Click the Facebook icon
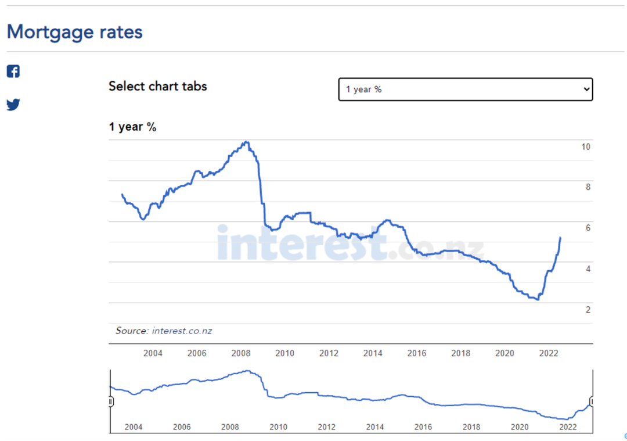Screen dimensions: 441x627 tap(13, 71)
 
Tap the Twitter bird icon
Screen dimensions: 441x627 tap(13, 105)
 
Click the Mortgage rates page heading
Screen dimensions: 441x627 tap(74, 31)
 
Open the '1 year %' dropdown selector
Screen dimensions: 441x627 tap(466, 89)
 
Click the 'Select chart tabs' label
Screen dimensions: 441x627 tap(158, 86)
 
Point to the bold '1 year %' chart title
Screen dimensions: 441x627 tap(132, 127)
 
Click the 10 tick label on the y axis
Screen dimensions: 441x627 tap(586, 147)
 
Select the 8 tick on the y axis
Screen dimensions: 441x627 tap(588, 187)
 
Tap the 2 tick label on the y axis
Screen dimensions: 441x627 tap(588, 310)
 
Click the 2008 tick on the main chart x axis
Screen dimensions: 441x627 tap(241, 353)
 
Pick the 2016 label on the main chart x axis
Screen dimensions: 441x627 tap(417, 353)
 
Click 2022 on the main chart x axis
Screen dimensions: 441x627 tap(549, 353)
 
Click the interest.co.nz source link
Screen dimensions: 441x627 tap(182, 331)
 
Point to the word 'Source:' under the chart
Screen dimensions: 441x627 tap(132, 331)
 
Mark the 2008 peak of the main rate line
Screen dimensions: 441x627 tap(247, 142)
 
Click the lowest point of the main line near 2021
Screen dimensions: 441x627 tap(538, 299)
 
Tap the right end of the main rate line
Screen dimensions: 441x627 tap(560, 237)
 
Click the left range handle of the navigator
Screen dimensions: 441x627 tap(110, 401)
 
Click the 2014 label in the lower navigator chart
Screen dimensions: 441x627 tap(375, 427)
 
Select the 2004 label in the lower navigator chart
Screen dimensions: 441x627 tap(134, 427)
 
